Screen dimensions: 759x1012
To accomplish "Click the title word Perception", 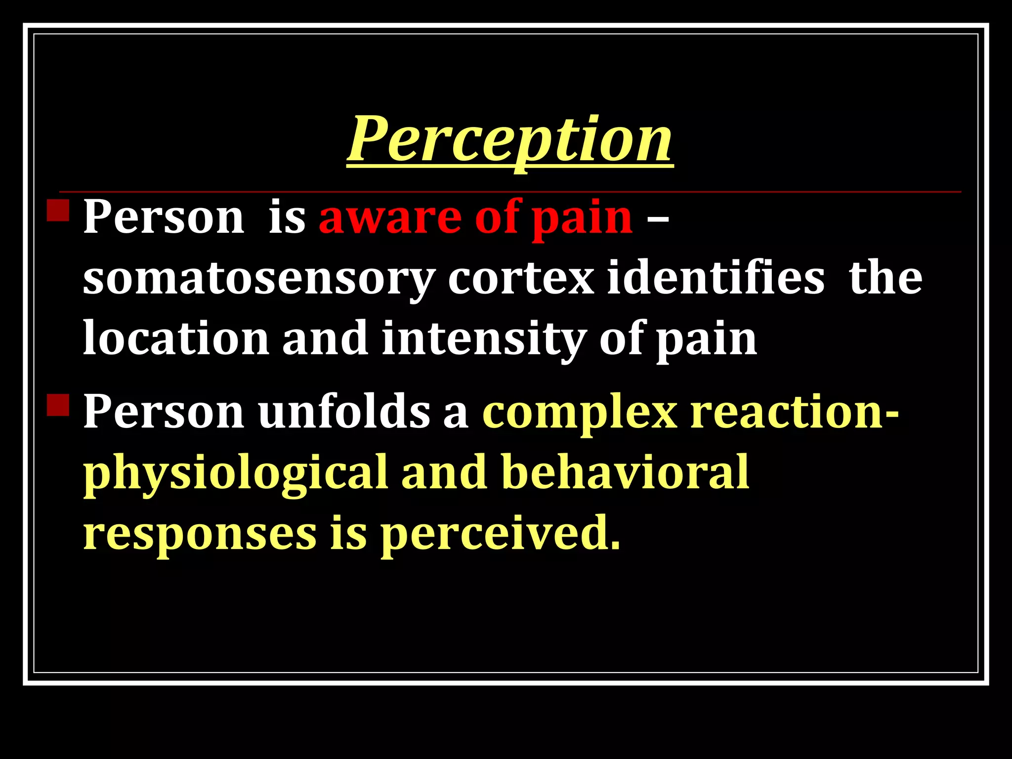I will (x=510, y=139).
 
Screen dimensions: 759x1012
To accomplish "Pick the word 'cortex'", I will (x=521, y=278).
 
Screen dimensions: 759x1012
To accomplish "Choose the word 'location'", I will (x=176, y=338).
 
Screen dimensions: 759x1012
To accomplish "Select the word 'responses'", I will (x=200, y=535).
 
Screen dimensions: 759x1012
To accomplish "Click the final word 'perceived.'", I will (x=500, y=535).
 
